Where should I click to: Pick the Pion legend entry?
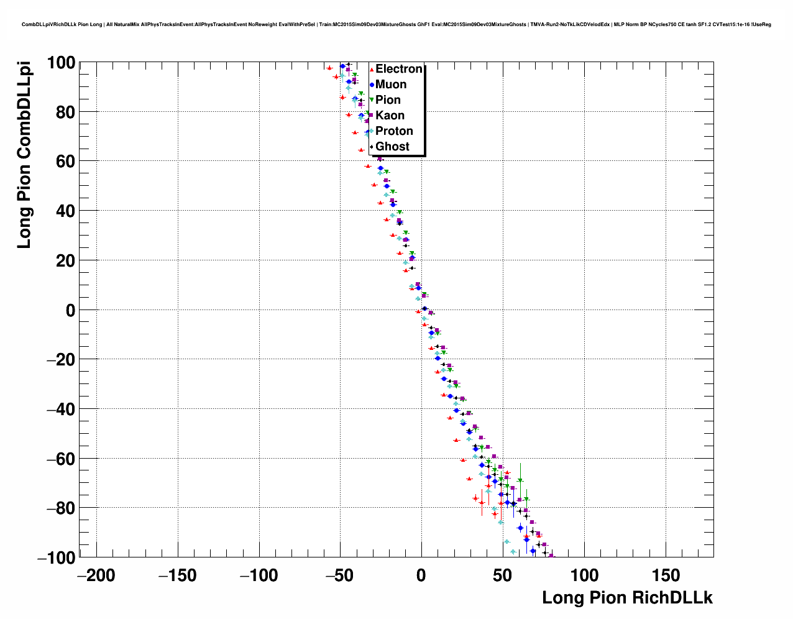tap(388, 100)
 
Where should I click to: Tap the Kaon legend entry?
tap(390, 116)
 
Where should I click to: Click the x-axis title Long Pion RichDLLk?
tap(627, 598)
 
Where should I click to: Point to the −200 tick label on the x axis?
tap(96, 575)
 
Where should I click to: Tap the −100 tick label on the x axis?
tap(259, 575)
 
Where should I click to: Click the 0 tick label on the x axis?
tap(421, 575)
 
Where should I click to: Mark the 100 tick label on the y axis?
tap(60, 63)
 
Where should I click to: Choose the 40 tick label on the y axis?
tap(65, 211)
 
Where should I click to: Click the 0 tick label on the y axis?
tap(70, 310)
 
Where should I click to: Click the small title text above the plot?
tap(396, 25)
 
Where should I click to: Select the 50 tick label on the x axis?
tap(503, 575)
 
